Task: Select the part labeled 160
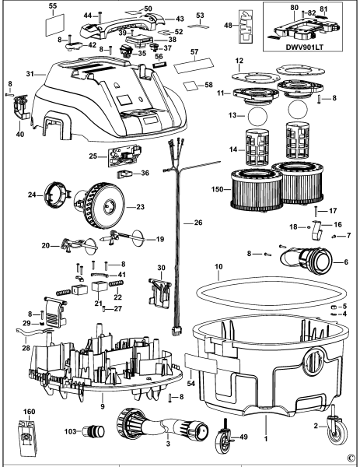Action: (x=27, y=437)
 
